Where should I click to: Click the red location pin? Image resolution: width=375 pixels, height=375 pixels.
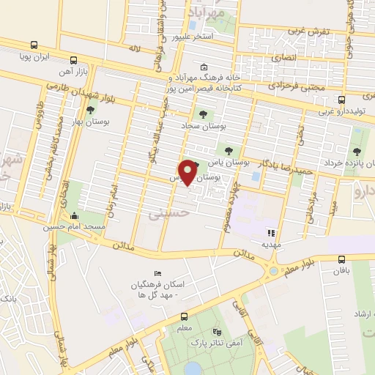(189, 171)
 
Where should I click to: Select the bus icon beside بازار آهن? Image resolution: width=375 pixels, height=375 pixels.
(73, 60)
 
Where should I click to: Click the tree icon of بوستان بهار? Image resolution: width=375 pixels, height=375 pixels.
(91, 111)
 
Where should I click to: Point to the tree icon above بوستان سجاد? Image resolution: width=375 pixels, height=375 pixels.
(203, 114)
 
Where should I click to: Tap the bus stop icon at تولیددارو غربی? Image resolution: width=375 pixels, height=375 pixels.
(342, 100)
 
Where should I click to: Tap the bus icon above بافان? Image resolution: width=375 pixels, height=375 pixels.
(342, 259)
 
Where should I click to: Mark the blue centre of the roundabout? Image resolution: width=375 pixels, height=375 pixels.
(274, 272)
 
